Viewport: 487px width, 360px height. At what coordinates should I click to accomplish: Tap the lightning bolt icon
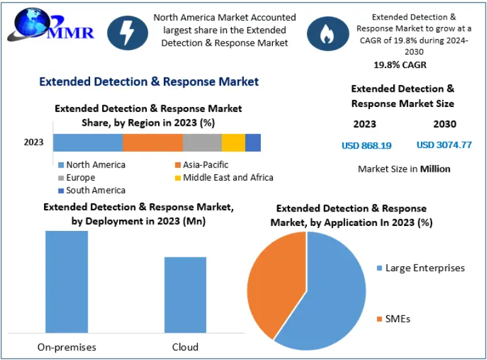(x=127, y=33)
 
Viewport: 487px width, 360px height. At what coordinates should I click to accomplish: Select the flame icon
(x=328, y=33)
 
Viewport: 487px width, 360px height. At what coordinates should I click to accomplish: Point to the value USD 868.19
(x=366, y=145)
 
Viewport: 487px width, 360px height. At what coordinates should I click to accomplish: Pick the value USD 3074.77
(x=444, y=145)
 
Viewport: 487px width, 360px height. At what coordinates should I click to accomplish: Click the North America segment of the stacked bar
(x=88, y=142)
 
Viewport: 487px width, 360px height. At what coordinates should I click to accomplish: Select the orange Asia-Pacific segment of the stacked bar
(x=152, y=142)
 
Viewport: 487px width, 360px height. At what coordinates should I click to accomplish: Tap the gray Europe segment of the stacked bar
(x=202, y=142)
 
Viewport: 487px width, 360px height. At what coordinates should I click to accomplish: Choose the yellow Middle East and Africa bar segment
(x=233, y=142)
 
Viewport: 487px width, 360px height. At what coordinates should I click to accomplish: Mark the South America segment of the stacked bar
(x=253, y=142)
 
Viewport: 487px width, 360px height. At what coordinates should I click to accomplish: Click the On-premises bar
(x=67, y=281)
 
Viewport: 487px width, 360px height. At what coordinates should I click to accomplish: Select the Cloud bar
(x=185, y=294)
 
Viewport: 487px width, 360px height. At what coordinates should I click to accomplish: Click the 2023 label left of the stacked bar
(x=33, y=142)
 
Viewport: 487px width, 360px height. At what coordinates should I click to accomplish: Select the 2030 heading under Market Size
(x=445, y=124)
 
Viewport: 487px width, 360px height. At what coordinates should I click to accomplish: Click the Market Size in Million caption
(x=404, y=169)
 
